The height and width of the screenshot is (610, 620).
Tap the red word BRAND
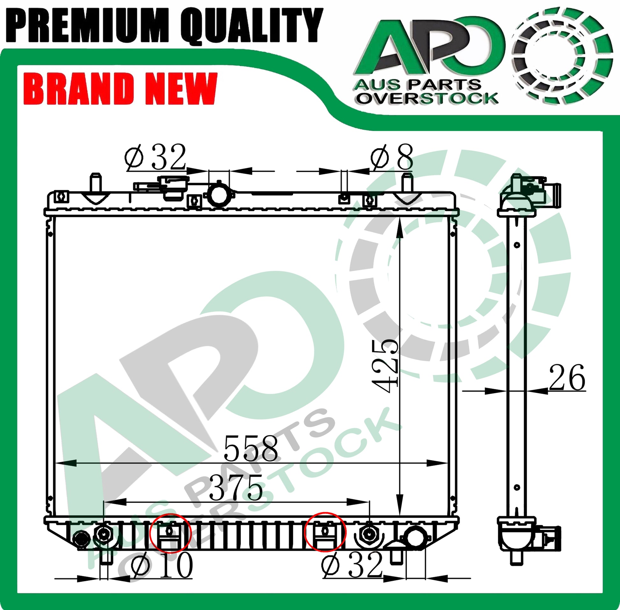coord(78,89)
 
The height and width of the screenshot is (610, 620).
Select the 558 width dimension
coord(250,448)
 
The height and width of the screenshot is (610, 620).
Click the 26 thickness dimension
coord(567,378)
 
